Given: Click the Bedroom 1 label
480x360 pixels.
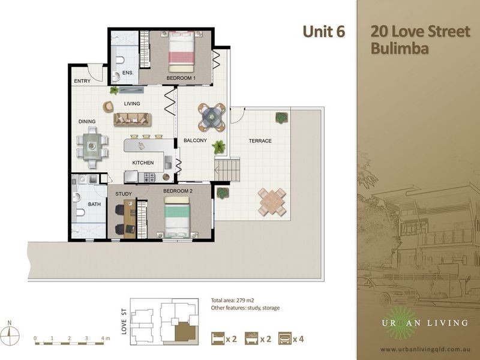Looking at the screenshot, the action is [181, 78].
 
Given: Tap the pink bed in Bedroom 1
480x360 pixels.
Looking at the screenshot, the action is [181, 52].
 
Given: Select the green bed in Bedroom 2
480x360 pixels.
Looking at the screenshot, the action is [177, 217].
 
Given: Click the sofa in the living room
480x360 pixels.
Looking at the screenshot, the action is [133, 119].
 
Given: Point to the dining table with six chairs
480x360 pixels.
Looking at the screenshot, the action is [92, 146].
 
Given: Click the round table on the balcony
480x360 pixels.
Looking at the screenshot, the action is [212, 117].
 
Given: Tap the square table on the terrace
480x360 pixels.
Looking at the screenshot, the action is [272, 202].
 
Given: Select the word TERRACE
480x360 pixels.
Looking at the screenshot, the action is [260, 141].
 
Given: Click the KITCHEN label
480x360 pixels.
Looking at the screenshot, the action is [143, 163].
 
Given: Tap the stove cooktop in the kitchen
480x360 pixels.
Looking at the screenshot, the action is [149, 177].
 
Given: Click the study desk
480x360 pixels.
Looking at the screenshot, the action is [130, 218].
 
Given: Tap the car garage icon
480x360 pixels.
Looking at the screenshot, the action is [284, 338].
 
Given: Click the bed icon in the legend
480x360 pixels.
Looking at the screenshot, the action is [218, 338].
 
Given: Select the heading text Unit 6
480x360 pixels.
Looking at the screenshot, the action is [324, 32].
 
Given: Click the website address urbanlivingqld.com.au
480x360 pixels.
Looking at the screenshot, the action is [425, 349].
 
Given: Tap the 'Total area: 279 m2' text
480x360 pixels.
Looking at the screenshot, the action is [232, 301].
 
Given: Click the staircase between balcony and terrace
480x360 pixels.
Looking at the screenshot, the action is [227, 169].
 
